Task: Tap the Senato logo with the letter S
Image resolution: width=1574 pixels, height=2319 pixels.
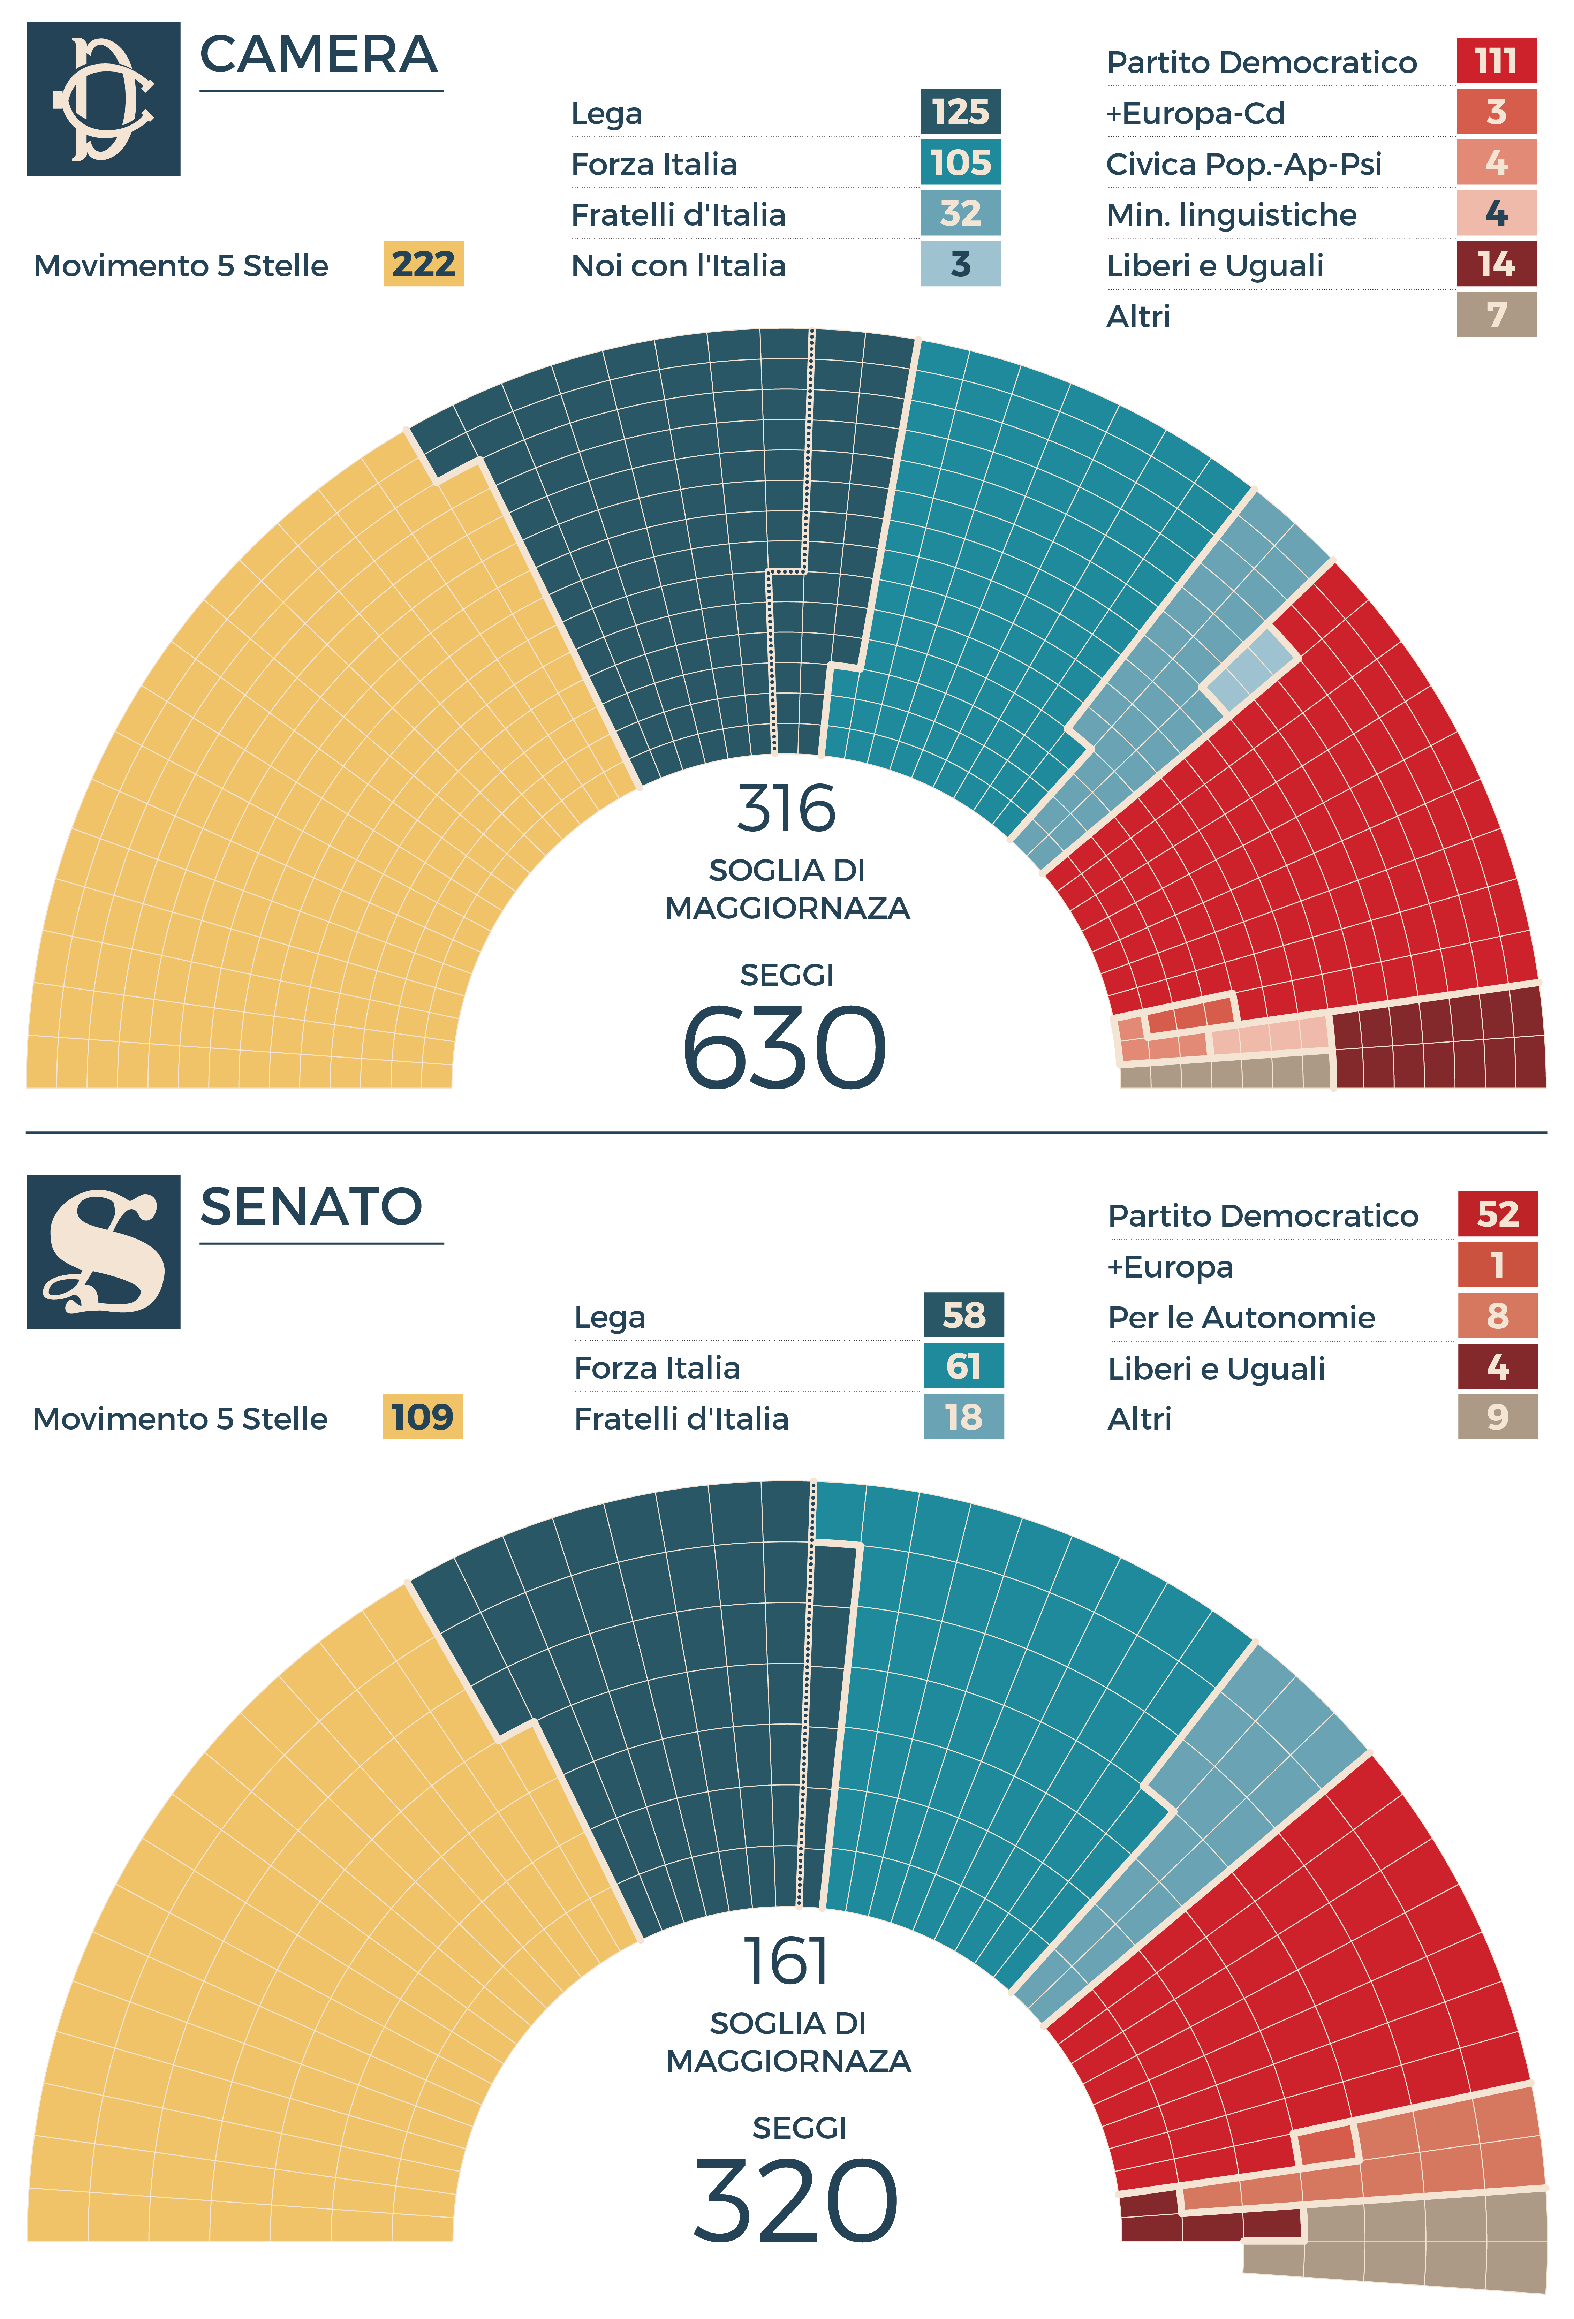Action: (x=103, y=1251)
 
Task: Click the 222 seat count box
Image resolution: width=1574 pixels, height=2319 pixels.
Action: (x=423, y=264)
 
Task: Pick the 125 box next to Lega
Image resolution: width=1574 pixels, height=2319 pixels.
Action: (x=960, y=112)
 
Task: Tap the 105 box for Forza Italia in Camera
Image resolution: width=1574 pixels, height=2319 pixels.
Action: (x=960, y=162)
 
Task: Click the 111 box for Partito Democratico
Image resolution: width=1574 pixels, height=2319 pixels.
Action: (x=1495, y=61)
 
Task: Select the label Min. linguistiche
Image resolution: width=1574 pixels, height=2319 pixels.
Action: (x=1231, y=214)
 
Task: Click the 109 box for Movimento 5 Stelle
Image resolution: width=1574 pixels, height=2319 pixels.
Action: (x=422, y=1417)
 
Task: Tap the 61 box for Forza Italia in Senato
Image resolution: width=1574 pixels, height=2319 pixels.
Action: (x=963, y=1366)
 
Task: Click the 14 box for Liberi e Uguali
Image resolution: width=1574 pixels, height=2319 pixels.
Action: (x=1495, y=264)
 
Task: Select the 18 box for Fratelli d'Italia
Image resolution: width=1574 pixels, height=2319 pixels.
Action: (x=963, y=1417)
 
